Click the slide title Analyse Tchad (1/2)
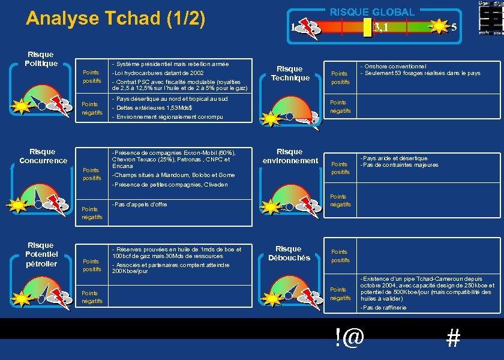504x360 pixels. [116, 19]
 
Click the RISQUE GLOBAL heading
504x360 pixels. [372, 11]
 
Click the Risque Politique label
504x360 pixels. [41, 59]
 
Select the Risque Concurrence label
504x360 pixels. [43, 156]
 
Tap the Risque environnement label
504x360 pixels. [290, 156]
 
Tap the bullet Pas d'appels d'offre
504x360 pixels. [139, 205]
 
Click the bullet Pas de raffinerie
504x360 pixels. [383, 307]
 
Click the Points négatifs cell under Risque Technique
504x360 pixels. [340, 107]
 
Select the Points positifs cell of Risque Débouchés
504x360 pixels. [340, 256]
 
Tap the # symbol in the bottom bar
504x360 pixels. [453, 339]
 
